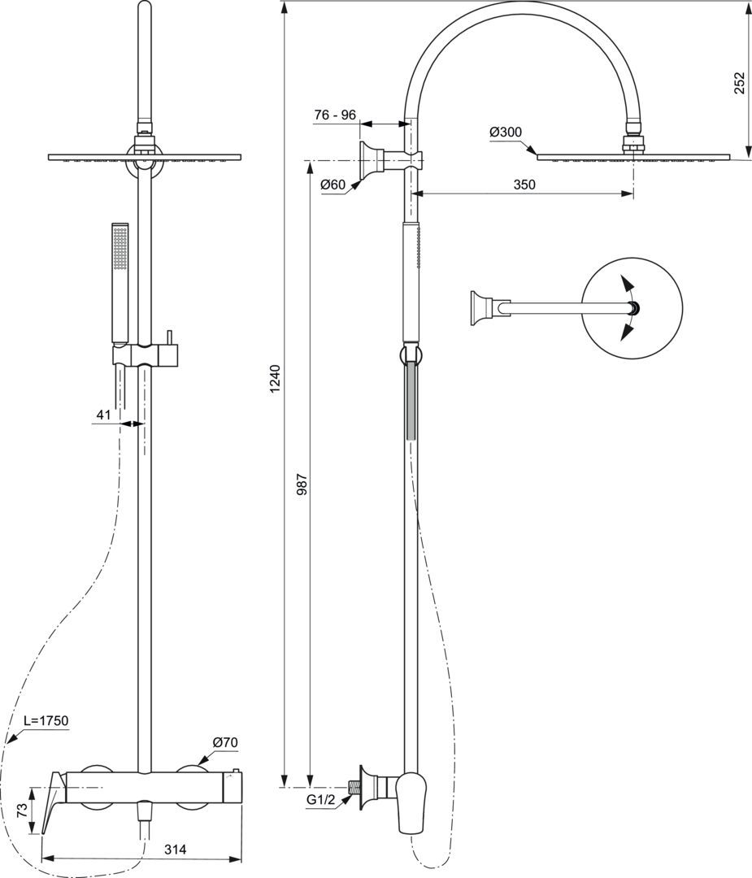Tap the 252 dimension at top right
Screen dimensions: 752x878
pos(740,83)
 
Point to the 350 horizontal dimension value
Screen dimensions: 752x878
pos(524,185)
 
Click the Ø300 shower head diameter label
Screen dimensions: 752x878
pos(505,133)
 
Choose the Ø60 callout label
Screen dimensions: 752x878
pos(333,185)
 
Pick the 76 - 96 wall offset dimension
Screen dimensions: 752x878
pos(335,115)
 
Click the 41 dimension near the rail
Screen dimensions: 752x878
pos(103,415)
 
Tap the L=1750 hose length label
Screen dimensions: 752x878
pos(46,720)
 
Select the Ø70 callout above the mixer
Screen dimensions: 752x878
pos(225,742)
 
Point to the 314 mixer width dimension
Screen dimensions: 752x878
pos(176,850)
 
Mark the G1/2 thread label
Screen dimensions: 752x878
pos(320,800)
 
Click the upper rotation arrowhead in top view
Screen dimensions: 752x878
pos(627,284)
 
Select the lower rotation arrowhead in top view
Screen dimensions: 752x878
pos(627,333)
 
